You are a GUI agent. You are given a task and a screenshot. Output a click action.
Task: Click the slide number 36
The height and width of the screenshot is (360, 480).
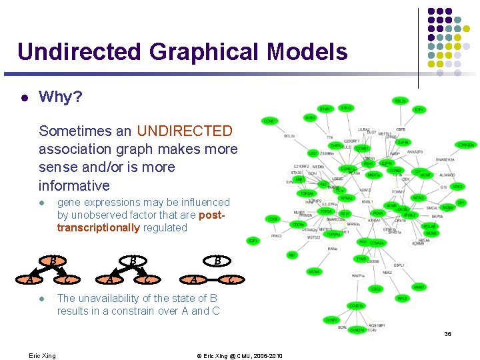point(447,333)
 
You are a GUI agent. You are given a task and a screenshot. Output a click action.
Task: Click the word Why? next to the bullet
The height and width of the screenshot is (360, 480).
point(61,97)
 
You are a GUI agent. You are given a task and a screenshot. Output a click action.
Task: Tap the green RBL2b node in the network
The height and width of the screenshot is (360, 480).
point(400,101)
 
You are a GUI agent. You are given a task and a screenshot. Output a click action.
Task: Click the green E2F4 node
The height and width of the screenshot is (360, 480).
point(419,109)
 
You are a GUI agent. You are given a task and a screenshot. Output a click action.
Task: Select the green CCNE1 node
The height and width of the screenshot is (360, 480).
point(270,121)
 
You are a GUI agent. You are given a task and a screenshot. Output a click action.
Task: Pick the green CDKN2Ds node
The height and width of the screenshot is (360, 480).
point(466,145)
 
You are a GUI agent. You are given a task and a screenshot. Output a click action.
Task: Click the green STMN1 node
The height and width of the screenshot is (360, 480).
point(325,109)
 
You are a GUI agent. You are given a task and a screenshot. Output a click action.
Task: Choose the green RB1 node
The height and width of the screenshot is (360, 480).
point(292,255)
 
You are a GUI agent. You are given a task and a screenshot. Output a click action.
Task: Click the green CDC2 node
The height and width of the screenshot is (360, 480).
point(376,289)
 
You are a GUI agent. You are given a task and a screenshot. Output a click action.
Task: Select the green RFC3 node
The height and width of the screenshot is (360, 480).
point(401,299)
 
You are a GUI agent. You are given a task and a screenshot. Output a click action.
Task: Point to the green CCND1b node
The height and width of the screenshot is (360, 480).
point(355,306)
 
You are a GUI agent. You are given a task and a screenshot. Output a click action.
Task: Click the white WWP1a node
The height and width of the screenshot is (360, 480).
point(359,275)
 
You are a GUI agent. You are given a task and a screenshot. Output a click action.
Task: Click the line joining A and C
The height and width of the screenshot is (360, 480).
point(211,279)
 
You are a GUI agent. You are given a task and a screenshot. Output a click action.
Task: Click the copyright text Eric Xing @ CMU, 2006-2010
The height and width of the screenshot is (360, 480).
point(239,355)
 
